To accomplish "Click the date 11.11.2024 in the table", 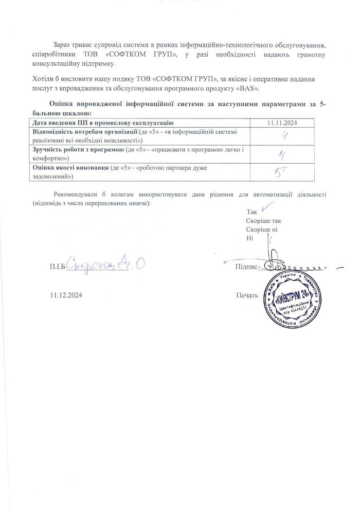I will coord(283,123).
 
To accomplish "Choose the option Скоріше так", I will coord(264,221).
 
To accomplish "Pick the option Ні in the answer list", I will coord(250,238).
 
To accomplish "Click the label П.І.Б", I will coord(59,267).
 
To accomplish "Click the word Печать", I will coord(247,295).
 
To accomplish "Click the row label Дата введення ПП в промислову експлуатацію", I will coord(99,123).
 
